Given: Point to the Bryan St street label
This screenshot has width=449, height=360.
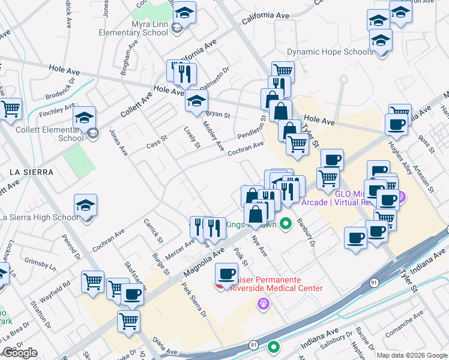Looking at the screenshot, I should tap(218, 113).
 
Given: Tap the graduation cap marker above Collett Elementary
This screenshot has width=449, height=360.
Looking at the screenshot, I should tap(85, 116).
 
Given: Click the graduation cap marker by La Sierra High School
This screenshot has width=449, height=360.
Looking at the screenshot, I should tap(86, 205).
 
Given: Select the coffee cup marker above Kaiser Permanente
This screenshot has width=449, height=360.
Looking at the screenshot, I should tap(227, 274).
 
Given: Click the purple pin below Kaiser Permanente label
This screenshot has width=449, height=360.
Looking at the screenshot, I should tap(263, 304).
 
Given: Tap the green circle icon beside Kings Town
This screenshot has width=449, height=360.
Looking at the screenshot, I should tap(286, 224).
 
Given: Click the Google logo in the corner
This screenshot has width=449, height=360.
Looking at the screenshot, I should tap(20, 353).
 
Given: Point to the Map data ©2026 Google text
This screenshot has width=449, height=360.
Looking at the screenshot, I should tap(411, 355).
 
